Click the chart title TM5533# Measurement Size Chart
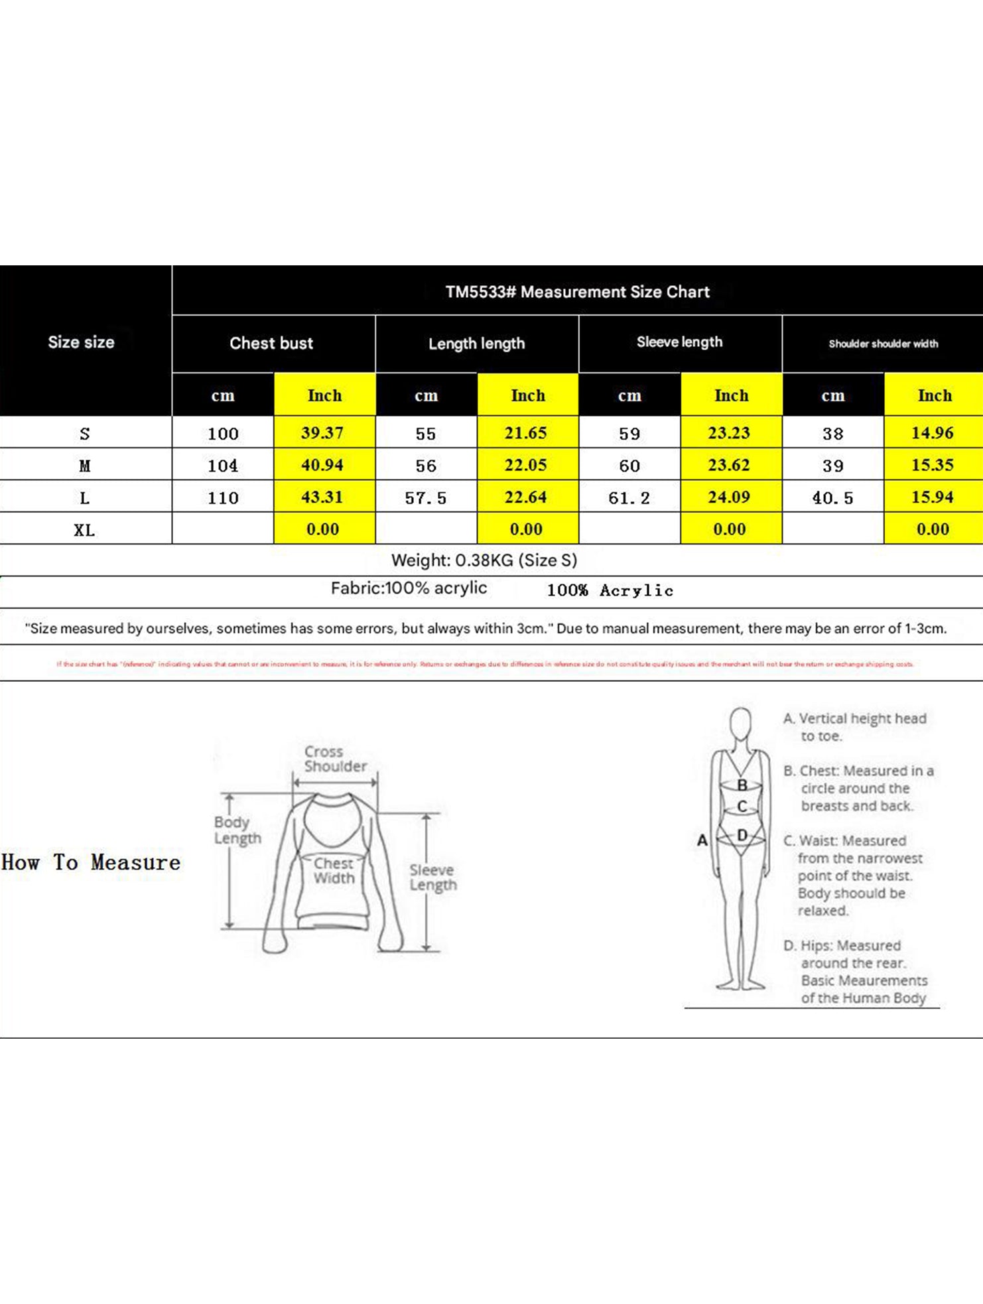point(577,292)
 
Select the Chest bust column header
point(271,344)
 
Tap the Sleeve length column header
point(679,342)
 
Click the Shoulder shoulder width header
point(883,344)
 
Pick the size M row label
point(84,466)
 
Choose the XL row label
point(84,530)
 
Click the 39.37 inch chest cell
point(322,433)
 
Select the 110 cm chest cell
point(223,498)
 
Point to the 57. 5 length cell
point(426,498)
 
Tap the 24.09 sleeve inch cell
point(729,497)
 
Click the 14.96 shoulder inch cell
point(933,433)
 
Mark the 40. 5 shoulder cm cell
point(832,498)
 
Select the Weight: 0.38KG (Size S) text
point(484,560)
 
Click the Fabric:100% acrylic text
point(409,588)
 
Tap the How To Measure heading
point(91,862)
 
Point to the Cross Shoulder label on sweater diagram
point(335,759)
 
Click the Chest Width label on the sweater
point(334,871)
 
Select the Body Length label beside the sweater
point(237,830)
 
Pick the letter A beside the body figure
point(702,840)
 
